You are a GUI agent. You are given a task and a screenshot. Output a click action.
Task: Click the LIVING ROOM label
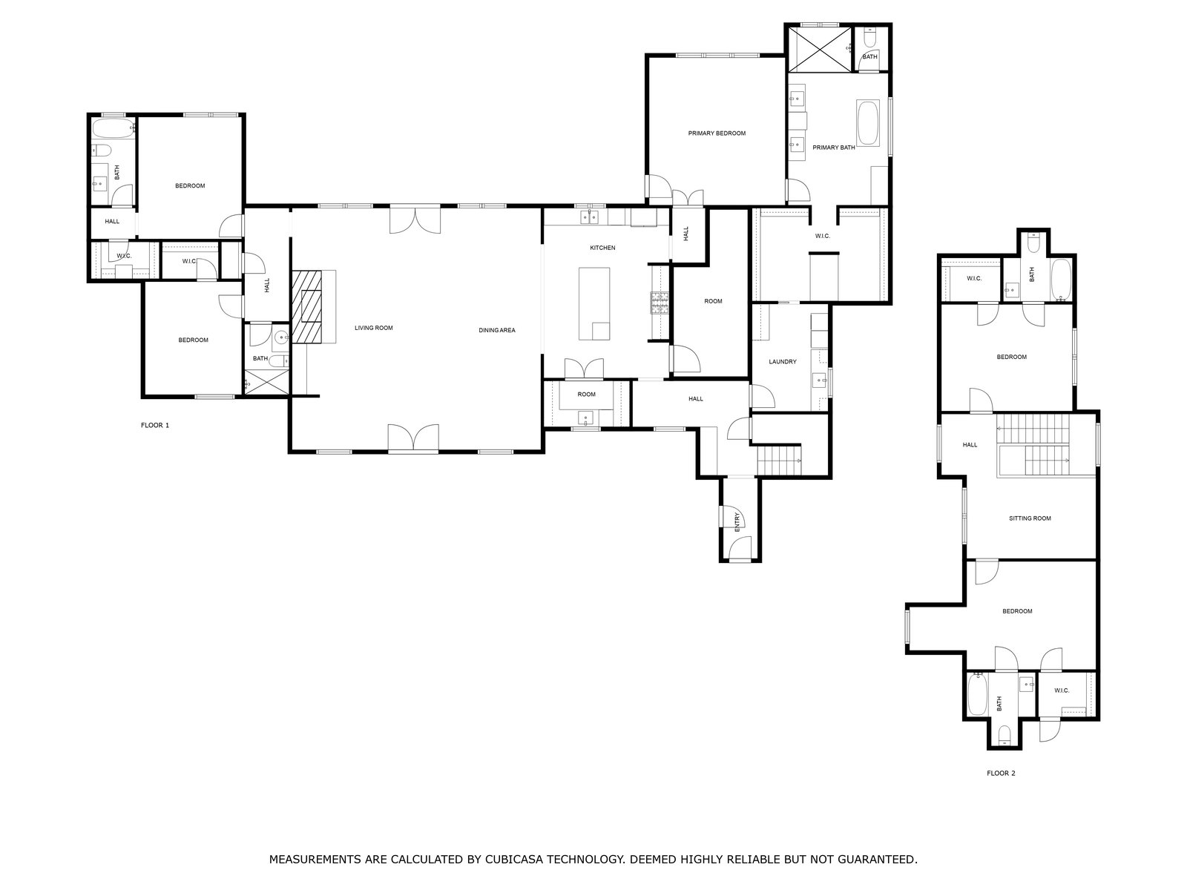[374, 328]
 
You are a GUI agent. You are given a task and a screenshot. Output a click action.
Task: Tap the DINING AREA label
[497, 330]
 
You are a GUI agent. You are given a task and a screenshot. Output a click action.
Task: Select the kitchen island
[593, 303]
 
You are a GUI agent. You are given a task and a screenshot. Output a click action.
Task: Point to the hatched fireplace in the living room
[306, 306]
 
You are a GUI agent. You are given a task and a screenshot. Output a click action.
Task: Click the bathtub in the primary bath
[868, 122]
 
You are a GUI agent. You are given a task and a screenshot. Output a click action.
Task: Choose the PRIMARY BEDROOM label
[717, 133]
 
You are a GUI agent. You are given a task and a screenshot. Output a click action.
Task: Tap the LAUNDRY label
[783, 362]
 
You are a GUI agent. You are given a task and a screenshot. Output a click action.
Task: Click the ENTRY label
[737, 522]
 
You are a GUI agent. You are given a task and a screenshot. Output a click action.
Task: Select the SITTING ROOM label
[1030, 518]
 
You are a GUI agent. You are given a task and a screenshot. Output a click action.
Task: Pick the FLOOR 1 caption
[155, 425]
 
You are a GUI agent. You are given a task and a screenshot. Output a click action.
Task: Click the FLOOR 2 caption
[1001, 774]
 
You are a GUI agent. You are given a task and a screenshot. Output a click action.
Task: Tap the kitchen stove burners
[660, 303]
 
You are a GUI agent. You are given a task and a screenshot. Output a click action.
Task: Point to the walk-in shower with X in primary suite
[820, 49]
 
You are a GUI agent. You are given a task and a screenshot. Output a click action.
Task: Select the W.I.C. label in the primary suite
[823, 236]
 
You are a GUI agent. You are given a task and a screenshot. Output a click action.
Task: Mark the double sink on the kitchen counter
[590, 217]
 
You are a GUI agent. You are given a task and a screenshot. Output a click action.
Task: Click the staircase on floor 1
[779, 460]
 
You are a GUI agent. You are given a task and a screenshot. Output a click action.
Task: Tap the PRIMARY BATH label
[833, 148]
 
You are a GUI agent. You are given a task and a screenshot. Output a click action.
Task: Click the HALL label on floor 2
[970, 445]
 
